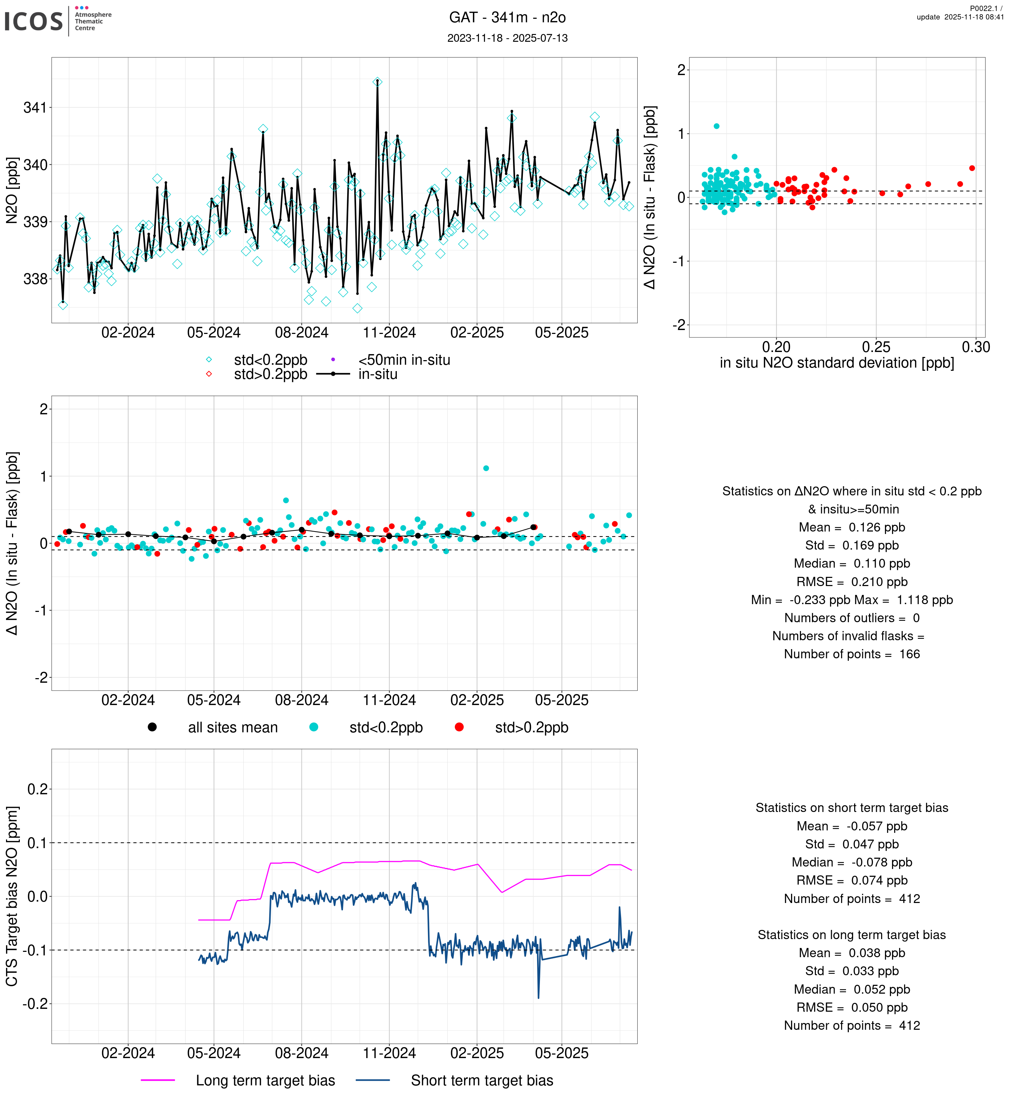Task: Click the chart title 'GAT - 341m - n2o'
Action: pyautogui.click(x=507, y=18)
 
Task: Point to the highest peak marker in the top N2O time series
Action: pyautogui.click(x=377, y=82)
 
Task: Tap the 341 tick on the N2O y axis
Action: pyautogui.click(x=35, y=108)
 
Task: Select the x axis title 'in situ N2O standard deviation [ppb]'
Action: pyautogui.click(x=836, y=363)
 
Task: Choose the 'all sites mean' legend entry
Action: pyautogui.click(x=232, y=728)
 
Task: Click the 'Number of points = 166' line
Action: pyautogui.click(x=852, y=654)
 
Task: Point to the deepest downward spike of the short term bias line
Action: pyautogui.click(x=538, y=998)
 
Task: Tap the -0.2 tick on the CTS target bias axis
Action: pyautogui.click(x=35, y=1004)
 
